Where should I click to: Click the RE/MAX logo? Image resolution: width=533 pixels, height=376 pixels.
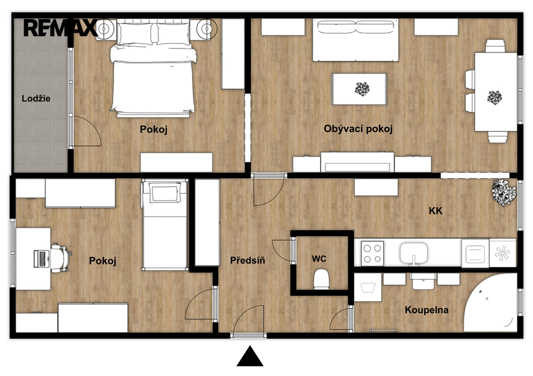60,28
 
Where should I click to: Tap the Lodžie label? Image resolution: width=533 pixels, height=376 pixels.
36,98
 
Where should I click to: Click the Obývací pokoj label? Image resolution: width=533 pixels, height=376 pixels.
358,129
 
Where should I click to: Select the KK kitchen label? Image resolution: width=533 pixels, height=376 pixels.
436,211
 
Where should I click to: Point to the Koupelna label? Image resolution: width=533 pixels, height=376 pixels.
426,310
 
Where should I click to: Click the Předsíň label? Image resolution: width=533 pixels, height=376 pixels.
247,261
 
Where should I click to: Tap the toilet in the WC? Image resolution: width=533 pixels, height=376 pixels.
321,279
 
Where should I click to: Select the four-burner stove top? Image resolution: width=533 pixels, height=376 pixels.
372,253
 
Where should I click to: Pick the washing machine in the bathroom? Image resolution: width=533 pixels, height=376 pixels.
368,288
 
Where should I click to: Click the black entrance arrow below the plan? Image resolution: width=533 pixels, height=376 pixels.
250,356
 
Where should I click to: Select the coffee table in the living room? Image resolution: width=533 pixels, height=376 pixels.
359,89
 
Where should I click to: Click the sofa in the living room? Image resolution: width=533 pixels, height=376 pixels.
356,40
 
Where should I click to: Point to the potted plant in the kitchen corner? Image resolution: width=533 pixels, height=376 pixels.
504,192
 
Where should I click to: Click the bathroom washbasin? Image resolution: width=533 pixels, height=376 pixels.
423,281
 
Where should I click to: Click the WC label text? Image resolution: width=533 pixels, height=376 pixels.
319,259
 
